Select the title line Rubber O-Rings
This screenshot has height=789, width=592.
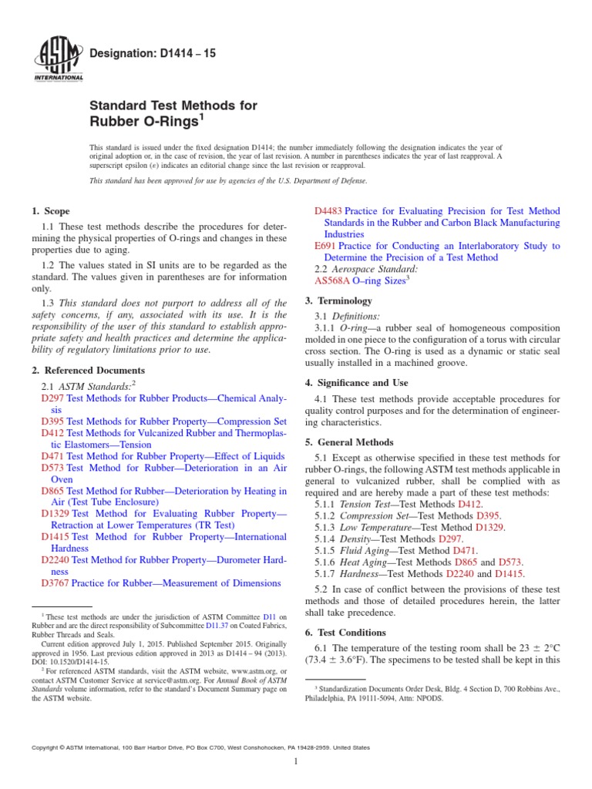141,120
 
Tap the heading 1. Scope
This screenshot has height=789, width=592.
50,211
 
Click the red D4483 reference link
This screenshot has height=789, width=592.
329,211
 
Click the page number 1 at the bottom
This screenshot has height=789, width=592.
296,761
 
